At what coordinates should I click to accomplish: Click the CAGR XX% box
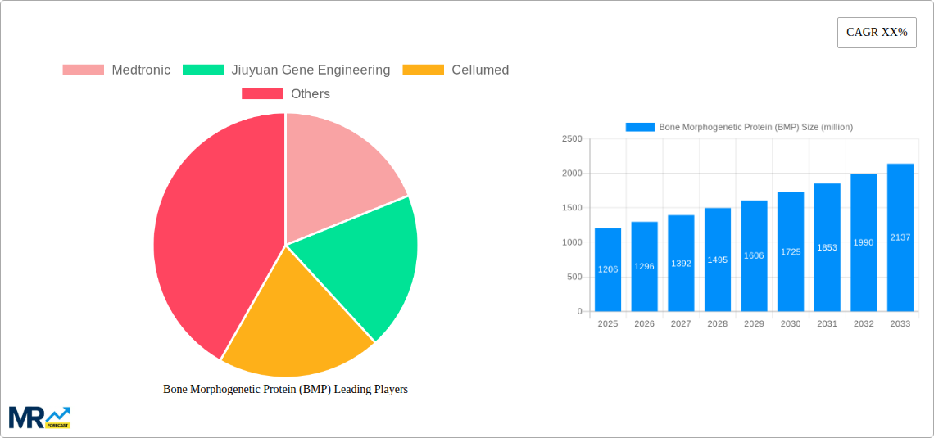876,33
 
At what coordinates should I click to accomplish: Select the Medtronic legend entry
116,70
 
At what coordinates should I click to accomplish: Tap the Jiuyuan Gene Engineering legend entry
287,70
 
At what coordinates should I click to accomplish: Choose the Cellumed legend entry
456,70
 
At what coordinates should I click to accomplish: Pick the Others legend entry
286,94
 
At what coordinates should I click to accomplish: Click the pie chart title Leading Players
285,390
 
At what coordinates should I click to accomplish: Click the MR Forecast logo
39,417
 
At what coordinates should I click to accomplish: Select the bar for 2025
608,270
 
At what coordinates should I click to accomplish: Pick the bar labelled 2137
900,237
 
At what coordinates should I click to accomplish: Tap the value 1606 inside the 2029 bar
754,255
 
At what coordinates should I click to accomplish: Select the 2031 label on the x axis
827,324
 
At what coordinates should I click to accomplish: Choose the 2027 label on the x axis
681,324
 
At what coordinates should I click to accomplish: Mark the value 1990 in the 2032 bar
864,242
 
